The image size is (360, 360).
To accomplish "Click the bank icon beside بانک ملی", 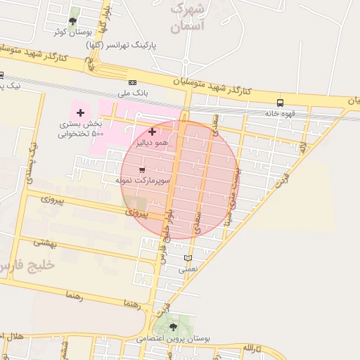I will point(133,82).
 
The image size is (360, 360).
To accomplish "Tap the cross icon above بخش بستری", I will point(81,112).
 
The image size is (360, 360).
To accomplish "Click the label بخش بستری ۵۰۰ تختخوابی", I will point(81,129).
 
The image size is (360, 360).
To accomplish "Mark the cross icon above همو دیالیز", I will point(152,131).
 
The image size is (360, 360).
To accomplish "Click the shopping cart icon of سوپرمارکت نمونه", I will point(143,170).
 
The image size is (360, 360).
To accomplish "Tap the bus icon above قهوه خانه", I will point(281,102).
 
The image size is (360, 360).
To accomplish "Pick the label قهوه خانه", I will point(281,113).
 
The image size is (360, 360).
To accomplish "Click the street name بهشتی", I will point(45,242).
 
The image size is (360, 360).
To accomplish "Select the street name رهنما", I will point(73,296).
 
